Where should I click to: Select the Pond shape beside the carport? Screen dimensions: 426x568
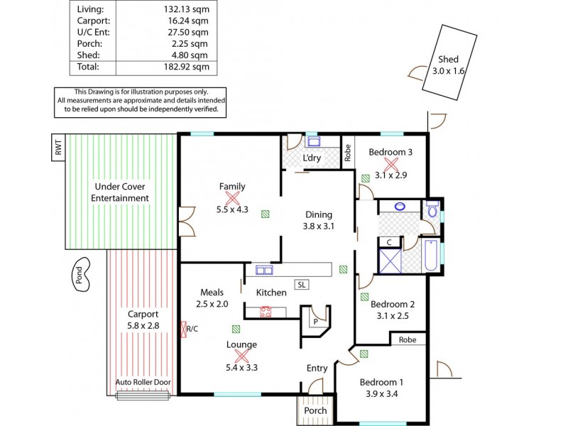click(x=82, y=275)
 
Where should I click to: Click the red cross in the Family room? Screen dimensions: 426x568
click(x=231, y=198)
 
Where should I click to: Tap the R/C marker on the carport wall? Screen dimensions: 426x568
click(x=190, y=329)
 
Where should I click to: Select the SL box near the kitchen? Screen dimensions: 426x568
click(x=301, y=285)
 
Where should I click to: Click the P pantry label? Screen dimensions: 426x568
click(x=314, y=321)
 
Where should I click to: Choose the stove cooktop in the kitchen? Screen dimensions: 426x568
click(x=266, y=311)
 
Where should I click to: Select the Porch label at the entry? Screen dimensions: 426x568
click(x=315, y=410)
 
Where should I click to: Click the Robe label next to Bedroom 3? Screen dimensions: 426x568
click(x=348, y=154)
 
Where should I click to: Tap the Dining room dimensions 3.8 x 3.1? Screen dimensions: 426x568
click(x=319, y=226)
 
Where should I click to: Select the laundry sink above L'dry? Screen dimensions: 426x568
click(x=313, y=141)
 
